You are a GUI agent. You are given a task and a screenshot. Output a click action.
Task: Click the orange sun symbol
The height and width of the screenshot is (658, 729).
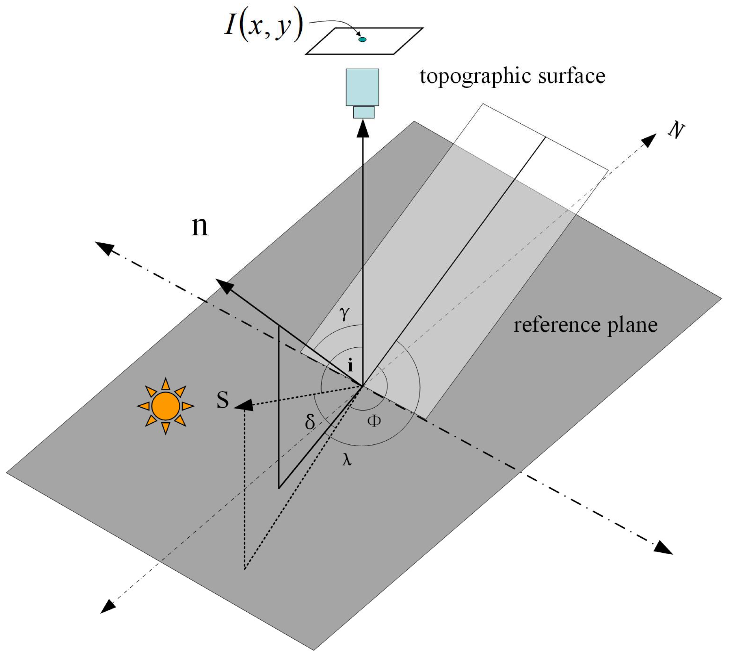(x=165, y=406)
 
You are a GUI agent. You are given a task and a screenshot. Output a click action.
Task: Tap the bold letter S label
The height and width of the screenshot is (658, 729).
(x=222, y=400)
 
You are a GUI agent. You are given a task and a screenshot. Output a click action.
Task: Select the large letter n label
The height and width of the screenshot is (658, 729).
(x=200, y=226)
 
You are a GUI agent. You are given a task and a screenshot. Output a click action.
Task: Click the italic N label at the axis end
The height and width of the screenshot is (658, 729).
(x=676, y=131)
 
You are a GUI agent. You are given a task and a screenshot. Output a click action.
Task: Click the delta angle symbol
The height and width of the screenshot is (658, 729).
(x=310, y=421)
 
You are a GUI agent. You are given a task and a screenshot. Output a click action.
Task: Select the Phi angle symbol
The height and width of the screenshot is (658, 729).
(x=374, y=421)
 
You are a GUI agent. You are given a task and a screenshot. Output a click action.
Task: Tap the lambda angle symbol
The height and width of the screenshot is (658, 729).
(x=347, y=459)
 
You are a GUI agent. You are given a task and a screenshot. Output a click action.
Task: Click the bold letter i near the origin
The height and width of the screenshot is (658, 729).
(x=350, y=365)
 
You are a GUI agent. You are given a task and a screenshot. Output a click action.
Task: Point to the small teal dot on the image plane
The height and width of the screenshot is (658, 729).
(x=362, y=39)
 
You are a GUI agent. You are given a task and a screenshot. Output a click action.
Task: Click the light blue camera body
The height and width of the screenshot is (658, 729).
(x=362, y=87)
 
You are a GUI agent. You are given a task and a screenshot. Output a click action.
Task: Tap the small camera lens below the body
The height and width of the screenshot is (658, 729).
(x=363, y=112)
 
